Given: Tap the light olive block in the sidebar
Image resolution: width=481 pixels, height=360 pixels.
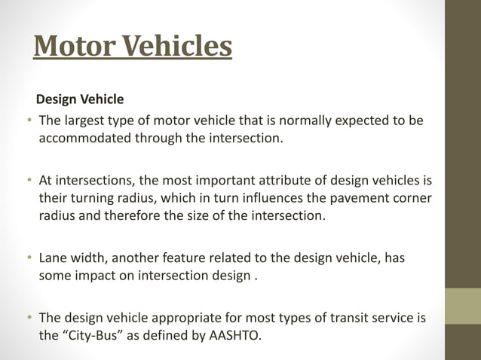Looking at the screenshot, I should [463, 306].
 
